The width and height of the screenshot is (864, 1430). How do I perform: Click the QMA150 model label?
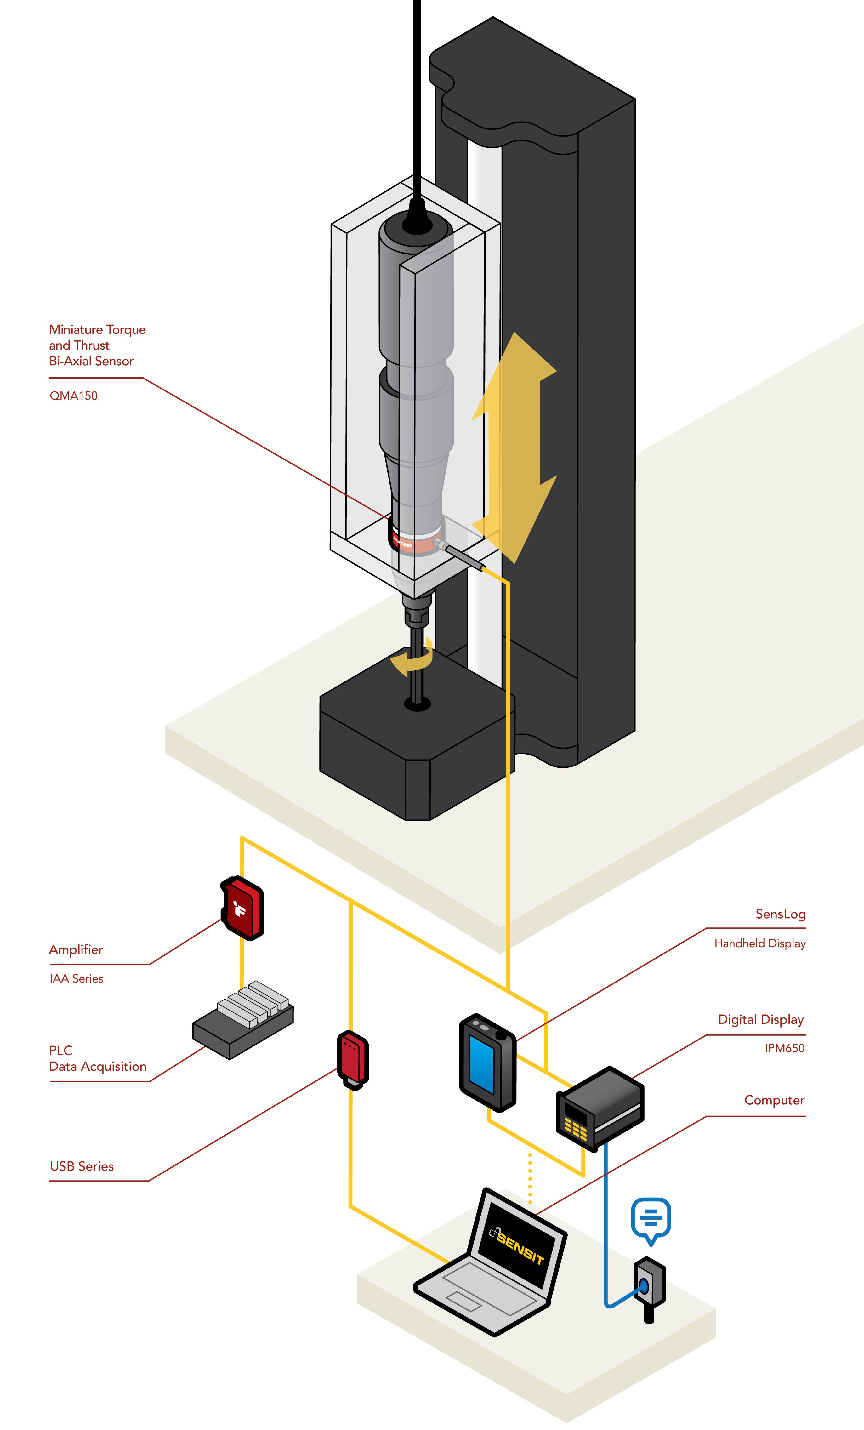pos(74,396)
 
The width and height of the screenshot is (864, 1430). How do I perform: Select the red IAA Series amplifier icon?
pos(242,908)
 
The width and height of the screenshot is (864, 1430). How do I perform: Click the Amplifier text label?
pos(76,949)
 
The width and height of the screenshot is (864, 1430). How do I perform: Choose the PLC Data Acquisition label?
pos(98,1059)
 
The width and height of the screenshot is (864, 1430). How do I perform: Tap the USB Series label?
pos(82,1166)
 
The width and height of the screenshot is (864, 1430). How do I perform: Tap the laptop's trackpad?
pos(463,1301)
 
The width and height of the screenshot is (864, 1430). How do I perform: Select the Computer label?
pos(774,1100)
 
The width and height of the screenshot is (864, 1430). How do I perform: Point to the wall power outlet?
pos(648,1288)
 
